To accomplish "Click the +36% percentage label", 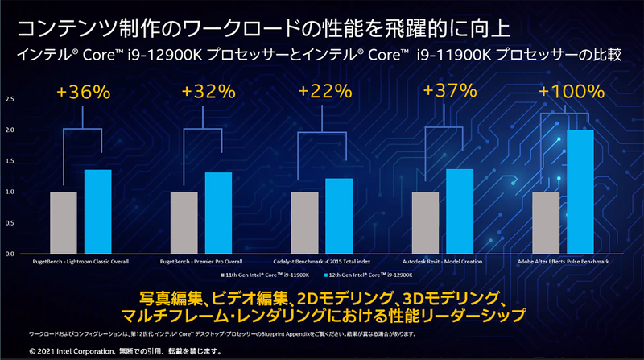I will [85, 92].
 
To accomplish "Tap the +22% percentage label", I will [325, 92].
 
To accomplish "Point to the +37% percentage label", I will [446, 90].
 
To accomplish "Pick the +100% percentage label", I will [570, 90].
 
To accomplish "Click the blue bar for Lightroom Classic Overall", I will [97, 212].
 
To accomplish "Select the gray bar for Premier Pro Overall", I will [184, 223].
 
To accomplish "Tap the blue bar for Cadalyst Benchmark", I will [339, 216].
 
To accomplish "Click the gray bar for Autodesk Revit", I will [426, 223].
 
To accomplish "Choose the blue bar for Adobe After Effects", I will [580, 192].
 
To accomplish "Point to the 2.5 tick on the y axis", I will [10, 100].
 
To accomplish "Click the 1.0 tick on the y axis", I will [10, 192].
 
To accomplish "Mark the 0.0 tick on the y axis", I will [10, 254].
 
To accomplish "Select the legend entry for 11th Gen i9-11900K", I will [265, 277].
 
